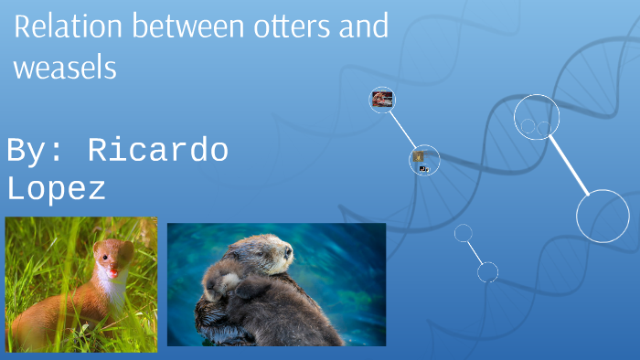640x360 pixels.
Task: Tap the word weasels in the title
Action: tap(65, 68)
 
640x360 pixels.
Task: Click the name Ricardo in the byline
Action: tap(157, 151)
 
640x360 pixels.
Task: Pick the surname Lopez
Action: tap(56, 189)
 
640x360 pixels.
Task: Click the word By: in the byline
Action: tap(37, 151)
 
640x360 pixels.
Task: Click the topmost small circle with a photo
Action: tap(382, 100)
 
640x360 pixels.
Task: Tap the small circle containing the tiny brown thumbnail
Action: tap(424, 160)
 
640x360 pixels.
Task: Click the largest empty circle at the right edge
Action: tap(603, 216)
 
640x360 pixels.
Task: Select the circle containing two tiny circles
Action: tap(537, 117)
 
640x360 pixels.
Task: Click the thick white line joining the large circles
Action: tap(570, 165)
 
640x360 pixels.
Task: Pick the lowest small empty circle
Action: tap(487, 271)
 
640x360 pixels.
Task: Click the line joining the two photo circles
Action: tap(403, 130)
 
